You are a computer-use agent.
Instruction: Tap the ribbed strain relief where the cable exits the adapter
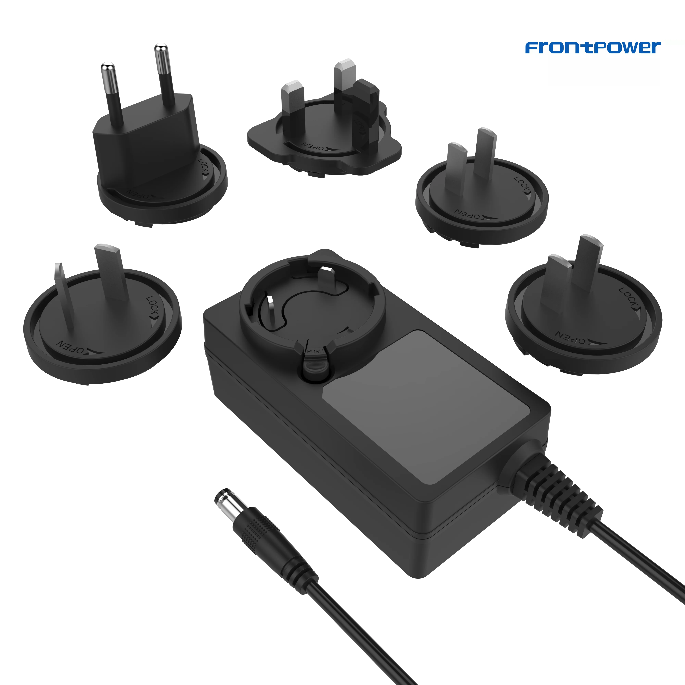(x=557, y=493)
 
